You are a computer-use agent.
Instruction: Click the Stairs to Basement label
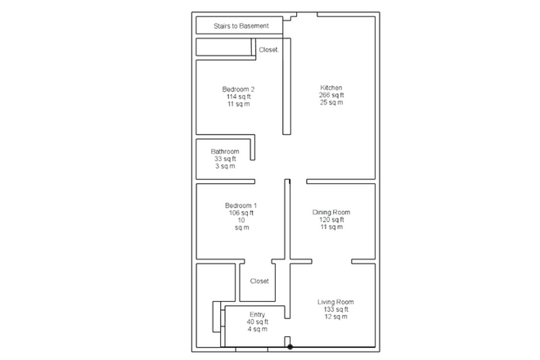(241, 26)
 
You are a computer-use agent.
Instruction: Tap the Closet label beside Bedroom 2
(268, 50)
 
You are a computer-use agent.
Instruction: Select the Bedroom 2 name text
(238, 89)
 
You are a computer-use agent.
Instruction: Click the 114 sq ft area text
(238, 97)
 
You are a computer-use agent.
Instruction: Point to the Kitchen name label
(331, 88)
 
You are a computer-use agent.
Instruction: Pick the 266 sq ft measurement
(331, 95)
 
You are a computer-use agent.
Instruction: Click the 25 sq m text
(331, 102)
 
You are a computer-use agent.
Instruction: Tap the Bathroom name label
(225, 151)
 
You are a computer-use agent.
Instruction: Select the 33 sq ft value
(225, 159)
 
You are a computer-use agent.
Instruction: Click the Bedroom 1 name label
(241, 205)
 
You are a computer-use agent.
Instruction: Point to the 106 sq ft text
(241, 213)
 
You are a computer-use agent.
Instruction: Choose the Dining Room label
(331, 212)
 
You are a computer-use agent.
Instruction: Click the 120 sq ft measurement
(331, 219)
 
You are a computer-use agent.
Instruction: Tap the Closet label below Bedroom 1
(259, 281)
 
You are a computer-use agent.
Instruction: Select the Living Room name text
(335, 302)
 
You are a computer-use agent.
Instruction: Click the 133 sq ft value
(335, 309)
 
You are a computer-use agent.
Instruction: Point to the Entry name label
(257, 314)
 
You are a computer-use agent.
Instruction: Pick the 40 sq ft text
(257, 322)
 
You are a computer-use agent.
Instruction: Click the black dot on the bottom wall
(290, 347)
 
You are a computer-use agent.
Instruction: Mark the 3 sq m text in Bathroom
(225, 166)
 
